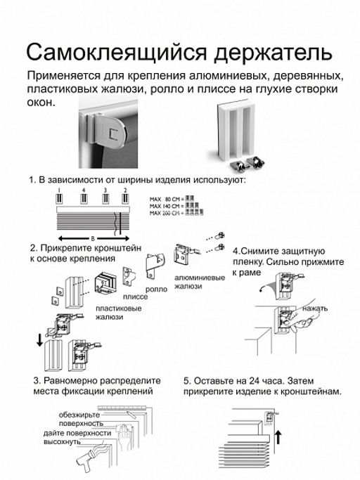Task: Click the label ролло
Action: pos(155,288)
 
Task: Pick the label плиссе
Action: pos(135,297)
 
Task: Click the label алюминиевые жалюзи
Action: pos(200,282)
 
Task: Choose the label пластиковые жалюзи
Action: pos(118,313)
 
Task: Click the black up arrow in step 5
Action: pos(278,439)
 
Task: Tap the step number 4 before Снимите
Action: pos(236,251)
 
